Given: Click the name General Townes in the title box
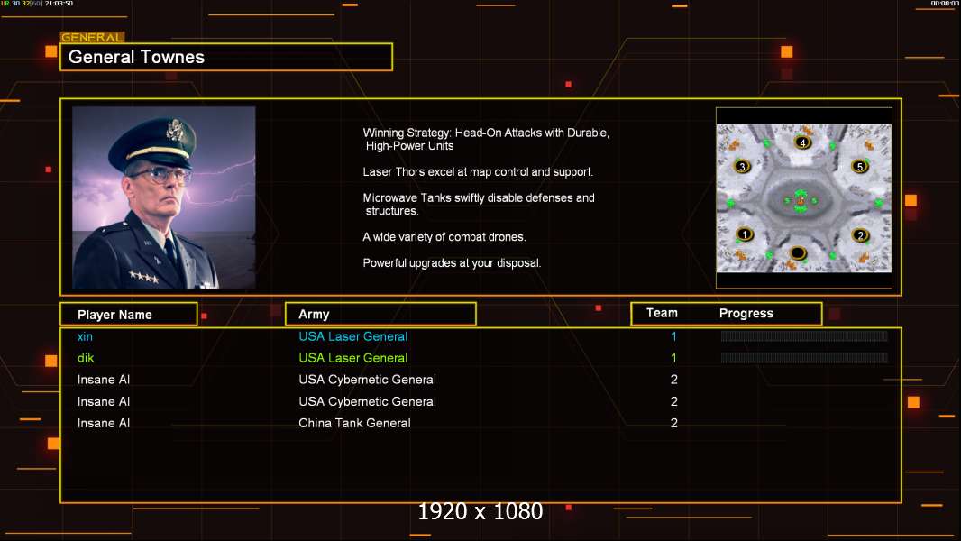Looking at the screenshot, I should pyautogui.click(x=136, y=57).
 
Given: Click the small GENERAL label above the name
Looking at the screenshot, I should pyautogui.click(x=92, y=38).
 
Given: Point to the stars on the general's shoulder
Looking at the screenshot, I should pyautogui.click(x=142, y=277).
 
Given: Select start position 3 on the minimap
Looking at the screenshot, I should pyautogui.click(x=742, y=167).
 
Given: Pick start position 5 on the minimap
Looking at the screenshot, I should pyautogui.click(x=860, y=167).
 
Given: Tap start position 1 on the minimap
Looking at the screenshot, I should pyautogui.click(x=744, y=234).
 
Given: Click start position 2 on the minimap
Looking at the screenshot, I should pyautogui.click(x=860, y=235).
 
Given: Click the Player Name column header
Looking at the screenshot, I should pyautogui.click(x=114, y=315).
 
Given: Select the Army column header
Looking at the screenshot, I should pyautogui.click(x=314, y=315).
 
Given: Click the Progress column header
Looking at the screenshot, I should pyautogui.click(x=746, y=314).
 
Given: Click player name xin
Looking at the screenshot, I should pyautogui.click(x=85, y=336).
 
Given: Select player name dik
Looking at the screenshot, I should pyautogui.click(x=86, y=358).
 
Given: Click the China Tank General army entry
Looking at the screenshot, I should pyautogui.click(x=354, y=423).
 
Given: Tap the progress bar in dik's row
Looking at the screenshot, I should pyautogui.click(x=804, y=358).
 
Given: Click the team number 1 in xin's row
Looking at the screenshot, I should pyautogui.click(x=673, y=336).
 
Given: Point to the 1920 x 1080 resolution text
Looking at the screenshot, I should pyautogui.click(x=480, y=512).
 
